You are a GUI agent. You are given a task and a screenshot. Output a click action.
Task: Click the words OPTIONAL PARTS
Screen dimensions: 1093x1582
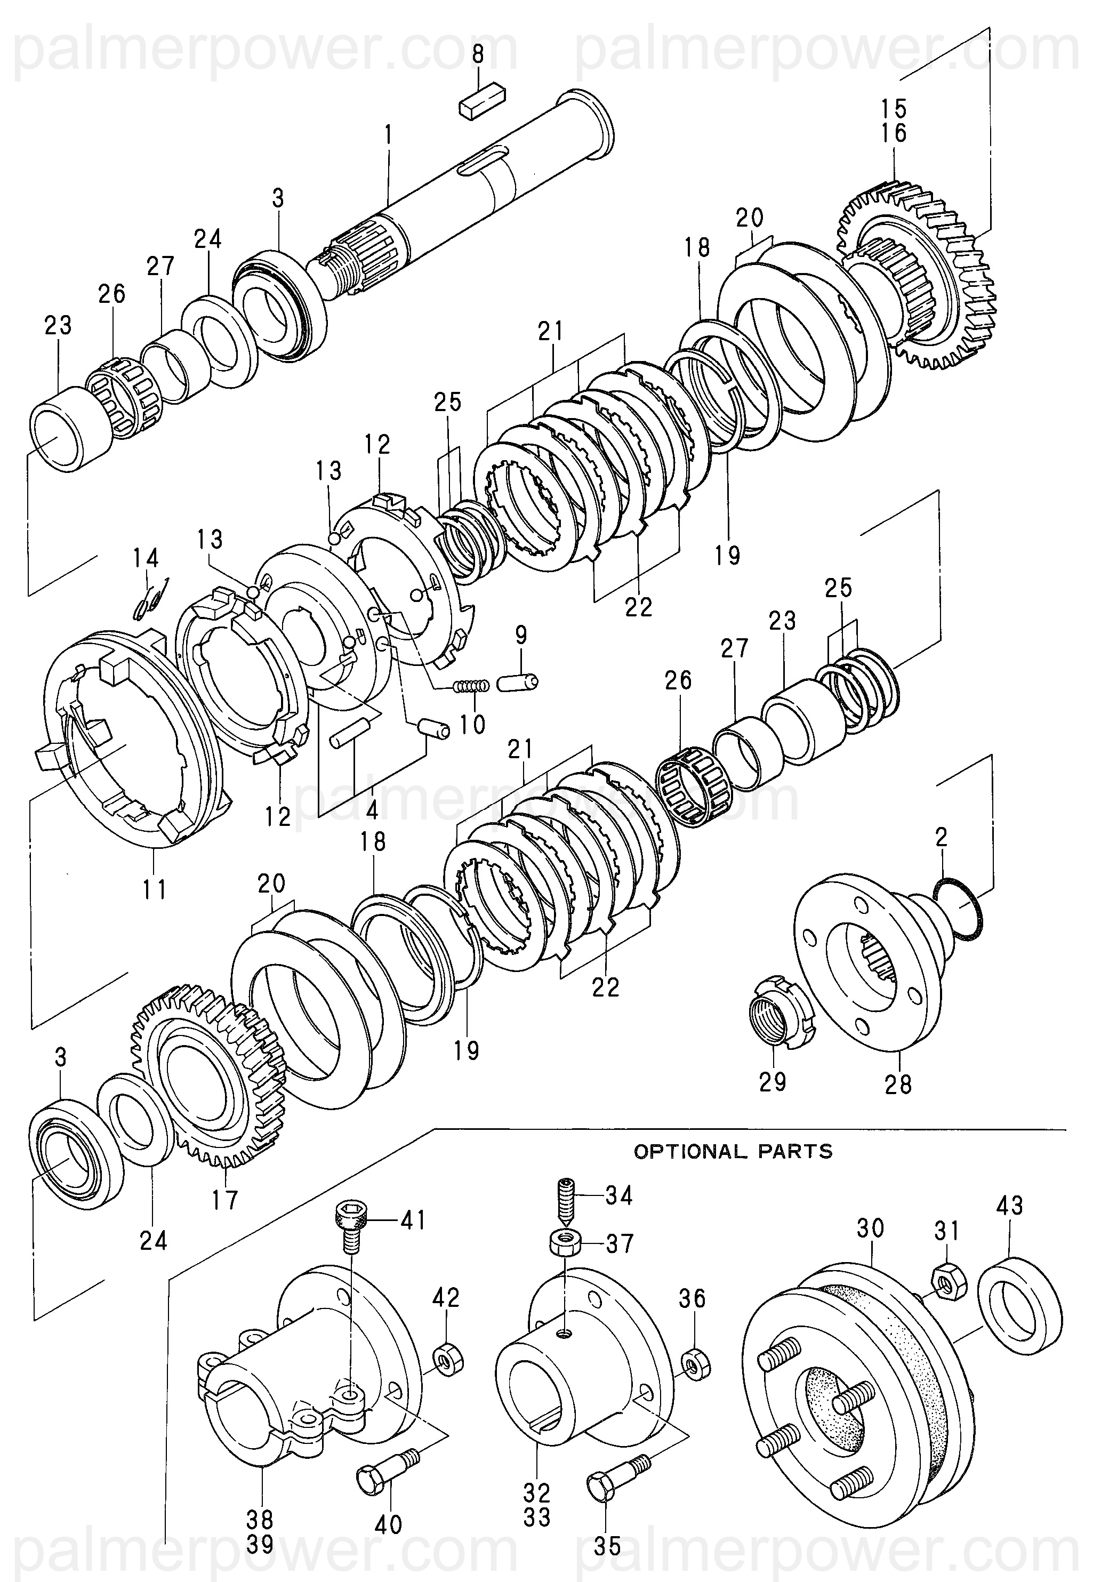click(x=733, y=1151)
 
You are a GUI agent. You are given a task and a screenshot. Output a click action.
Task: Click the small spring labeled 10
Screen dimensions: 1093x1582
click(x=472, y=685)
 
